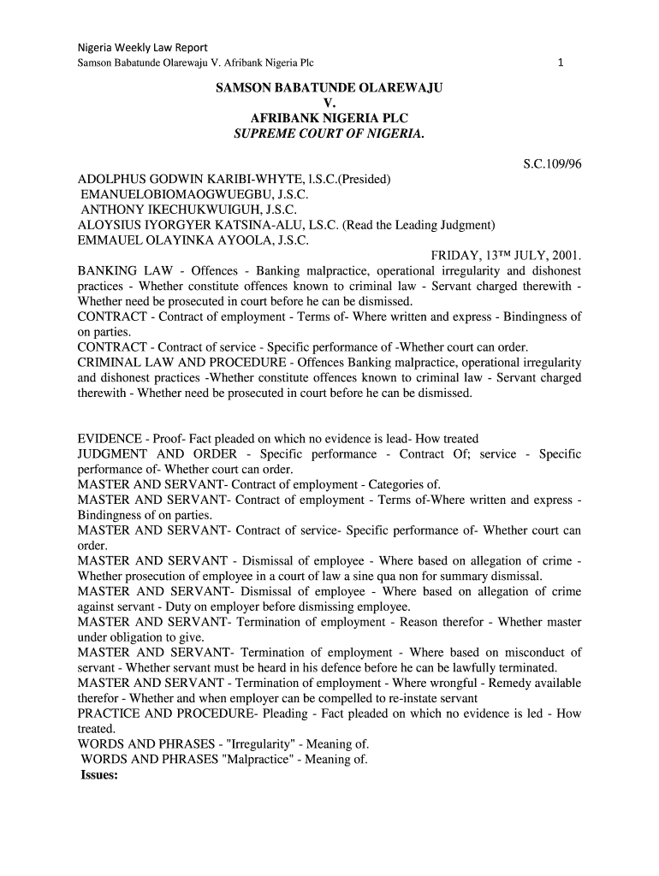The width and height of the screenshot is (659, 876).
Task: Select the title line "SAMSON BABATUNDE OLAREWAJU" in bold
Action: [x=329, y=89]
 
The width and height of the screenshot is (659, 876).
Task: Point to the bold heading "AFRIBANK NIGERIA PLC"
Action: [x=329, y=119]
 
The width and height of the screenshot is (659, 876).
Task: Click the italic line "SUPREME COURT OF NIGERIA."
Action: [x=329, y=134]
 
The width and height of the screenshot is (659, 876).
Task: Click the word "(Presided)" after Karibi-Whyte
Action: [x=363, y=179]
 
